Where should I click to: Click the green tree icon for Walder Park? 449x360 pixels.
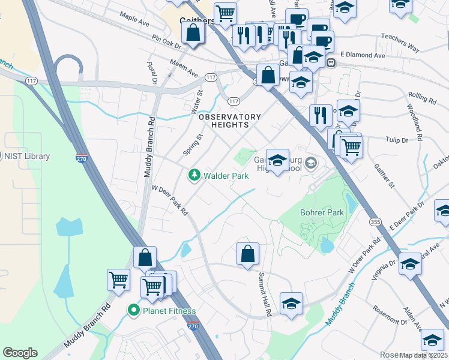point(194,175)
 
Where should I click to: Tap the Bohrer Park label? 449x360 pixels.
point(322,213)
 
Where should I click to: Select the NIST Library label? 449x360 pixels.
point(27,156)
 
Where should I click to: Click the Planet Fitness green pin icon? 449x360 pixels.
point(133,310)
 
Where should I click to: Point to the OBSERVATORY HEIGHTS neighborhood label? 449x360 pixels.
point(230,121)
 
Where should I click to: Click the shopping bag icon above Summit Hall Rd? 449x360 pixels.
point(247,254)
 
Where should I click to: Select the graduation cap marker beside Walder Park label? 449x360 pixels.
point(277,161)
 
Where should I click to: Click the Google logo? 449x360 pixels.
point(20,353)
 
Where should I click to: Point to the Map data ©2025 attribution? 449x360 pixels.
point(423,355)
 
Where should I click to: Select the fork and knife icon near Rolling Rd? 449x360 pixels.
point(321,115)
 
